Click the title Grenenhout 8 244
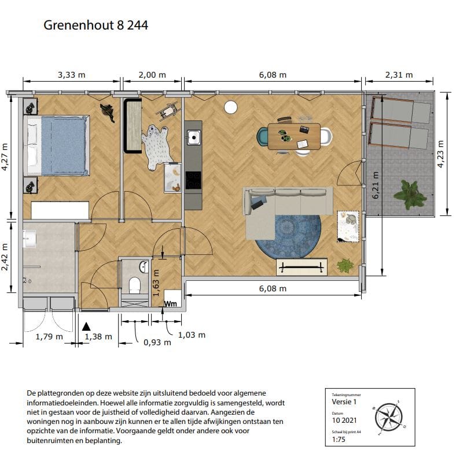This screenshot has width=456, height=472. pos(95,25)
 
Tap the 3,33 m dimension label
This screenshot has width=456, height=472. pos(71,75)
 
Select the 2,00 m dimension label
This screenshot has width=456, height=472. pos(152,75)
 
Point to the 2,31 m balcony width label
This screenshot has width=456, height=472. pos(399,75)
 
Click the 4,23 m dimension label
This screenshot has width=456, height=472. pos(440,153)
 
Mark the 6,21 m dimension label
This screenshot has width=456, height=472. pos(376,185)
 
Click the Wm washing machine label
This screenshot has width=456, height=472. pos(171,303)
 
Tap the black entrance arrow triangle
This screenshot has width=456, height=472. pos(87,327)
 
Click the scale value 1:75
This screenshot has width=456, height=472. pos(339,440)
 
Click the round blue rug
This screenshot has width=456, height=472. pos(288,237)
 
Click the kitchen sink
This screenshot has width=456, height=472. pos(193,138)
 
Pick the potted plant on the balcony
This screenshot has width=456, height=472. pos(410,195)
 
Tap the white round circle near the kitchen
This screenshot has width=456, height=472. pos(230,107)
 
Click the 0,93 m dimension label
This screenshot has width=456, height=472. pos(157,342)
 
